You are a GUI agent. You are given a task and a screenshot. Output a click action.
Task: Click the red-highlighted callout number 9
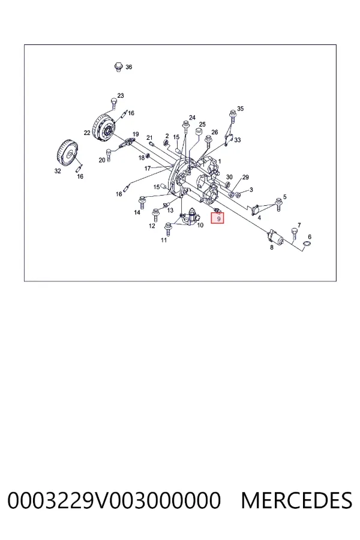pyautogui.click(x=218, y=218)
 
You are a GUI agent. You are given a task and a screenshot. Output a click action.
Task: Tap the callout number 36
pyautogui.click(x=128, y=67)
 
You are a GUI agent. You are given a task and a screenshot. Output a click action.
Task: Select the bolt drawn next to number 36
pyautogui.click(x=119, y=67)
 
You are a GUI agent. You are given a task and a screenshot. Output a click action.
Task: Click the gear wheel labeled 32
pyautogui.click(x=67, y=152)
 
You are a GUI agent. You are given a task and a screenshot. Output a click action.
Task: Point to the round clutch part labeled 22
pyautogui.click(x=105, y=128)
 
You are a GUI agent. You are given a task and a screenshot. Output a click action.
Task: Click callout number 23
pyautogui.click(x=120, y=95)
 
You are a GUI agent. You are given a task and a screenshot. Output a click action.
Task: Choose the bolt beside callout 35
pyautogui.click(x=233, y=115)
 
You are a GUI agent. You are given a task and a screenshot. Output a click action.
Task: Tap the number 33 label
pyautogui.click(x=238, y=140)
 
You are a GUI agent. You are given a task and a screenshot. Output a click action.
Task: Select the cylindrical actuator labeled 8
pyautogui.click(x=276, y=237)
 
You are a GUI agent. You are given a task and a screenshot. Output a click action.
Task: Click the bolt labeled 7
pyautogui.click(x=294, y=233)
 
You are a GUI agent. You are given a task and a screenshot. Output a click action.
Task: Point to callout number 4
pyautogui.click(x=259, y=218)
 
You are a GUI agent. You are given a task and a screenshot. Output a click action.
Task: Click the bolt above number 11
pyautogui.click(x=168, y=229)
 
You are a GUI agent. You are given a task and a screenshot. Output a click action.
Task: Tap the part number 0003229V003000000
pyautogui.click(x=113, y=500)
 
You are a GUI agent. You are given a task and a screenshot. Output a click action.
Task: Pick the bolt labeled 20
pyautogui.click(x=109, y=154)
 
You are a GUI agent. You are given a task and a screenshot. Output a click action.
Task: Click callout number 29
pyautogui.click(x=245, y=178)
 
